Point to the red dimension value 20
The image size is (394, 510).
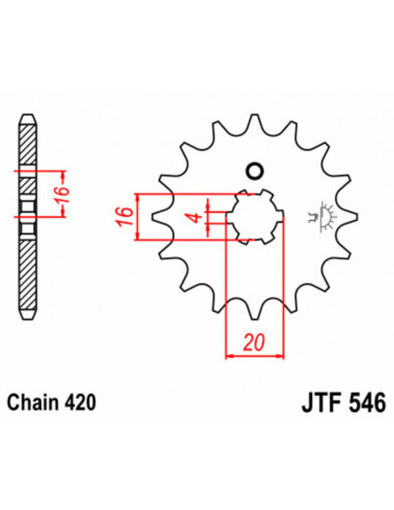click(x=253, y=341)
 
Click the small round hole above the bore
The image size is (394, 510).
click(x=255, y=169)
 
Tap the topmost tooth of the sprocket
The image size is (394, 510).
click(x=254, y=122)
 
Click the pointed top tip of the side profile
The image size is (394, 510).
click(x=28, y=116)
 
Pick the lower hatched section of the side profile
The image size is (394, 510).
click(x=28, y=271)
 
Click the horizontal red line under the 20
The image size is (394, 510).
click(x=255, y=355)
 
